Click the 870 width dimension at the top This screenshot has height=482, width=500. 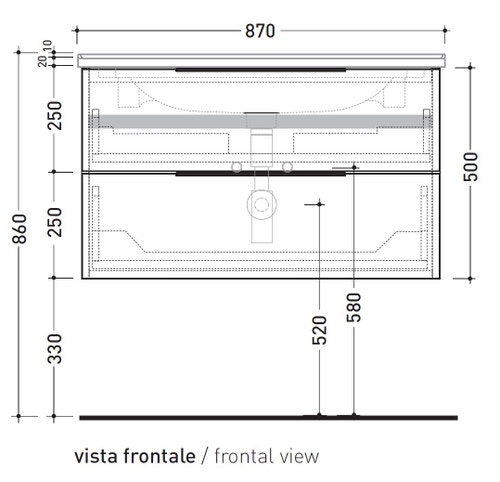pos(259,31)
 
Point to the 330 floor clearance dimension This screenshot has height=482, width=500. pos(56,346)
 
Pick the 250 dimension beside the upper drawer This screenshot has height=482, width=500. pos(56,118)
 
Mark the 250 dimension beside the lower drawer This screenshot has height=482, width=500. pos(56,221)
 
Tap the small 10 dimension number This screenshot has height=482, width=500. pos(47,47)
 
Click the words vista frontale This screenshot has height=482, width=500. pos(135,456)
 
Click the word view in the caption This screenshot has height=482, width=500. pos(300,456)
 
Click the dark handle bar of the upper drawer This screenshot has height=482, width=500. pos(262,69)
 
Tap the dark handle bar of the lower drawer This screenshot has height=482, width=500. pos(262,173)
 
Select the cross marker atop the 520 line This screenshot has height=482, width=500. pos(320,204)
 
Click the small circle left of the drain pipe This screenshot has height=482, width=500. pos(237,166)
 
